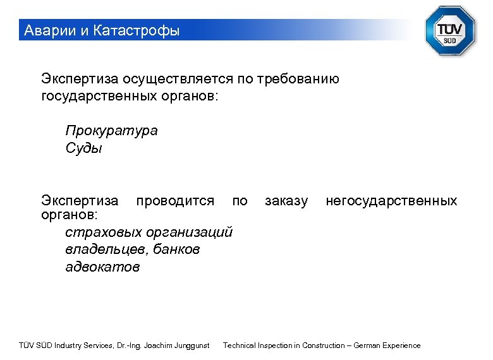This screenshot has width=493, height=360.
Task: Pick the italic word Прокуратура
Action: point(111,131)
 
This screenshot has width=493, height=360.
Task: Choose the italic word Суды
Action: point(83,148)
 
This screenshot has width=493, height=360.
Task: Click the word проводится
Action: point(175,201)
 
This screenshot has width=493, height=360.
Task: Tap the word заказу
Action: point(286,201)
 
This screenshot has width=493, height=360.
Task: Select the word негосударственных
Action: point(391,201)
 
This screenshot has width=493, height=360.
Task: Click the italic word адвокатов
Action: point(102,267)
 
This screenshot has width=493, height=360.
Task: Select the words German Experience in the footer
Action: point(387,345)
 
